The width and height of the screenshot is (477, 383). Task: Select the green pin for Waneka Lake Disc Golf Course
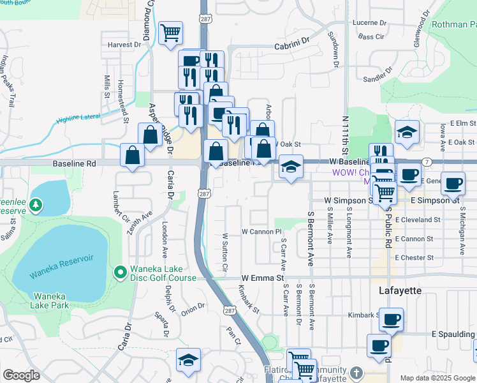tap(119, 273)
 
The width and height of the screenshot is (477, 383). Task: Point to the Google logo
tap(21, 375)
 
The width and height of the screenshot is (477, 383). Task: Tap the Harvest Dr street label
tap(124, 45)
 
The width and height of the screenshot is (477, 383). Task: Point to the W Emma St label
tap(262, 278)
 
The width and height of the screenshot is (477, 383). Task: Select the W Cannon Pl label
tap(261, 231)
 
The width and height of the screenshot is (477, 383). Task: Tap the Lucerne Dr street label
tap(366, 22)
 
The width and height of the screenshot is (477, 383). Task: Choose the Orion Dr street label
tap(192, 307)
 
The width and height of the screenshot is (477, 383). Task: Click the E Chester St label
tap(414, 258)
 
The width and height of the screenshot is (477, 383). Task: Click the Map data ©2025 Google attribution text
tap(438, 378)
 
